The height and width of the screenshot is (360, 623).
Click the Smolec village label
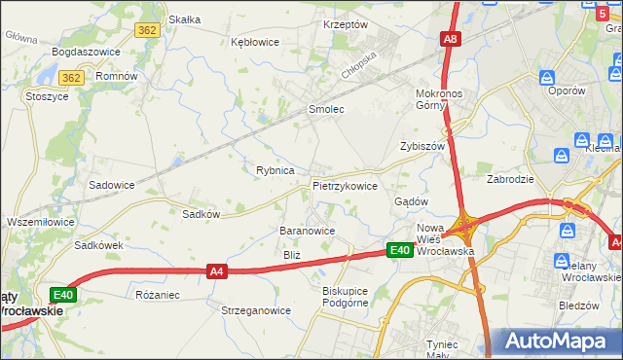[x=326, y=110]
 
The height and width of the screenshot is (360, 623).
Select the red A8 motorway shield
[x=450, y=40]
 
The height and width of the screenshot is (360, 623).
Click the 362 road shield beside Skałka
[x=146, y=31]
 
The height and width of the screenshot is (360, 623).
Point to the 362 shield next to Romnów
[x=69, y=77]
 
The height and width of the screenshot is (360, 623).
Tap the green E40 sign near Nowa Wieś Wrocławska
[x=399, y=251]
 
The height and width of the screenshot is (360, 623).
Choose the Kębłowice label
[x=254, y=43]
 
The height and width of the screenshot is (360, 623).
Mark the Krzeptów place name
[x=345, y=24]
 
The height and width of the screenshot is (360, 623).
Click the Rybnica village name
[x=275, y=170]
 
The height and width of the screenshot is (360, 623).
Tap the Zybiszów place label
[x=421, y=146]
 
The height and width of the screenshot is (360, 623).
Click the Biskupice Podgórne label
[x=348, y=297]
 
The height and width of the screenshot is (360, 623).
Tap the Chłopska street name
[x=358, y=72]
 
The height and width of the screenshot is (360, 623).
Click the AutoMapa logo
[x=560, y=342]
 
